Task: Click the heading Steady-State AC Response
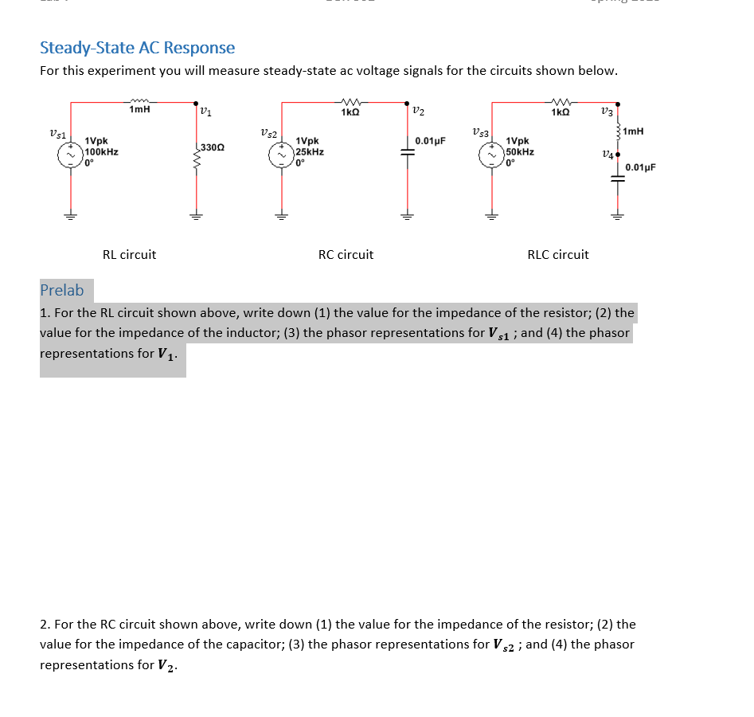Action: pyautogui.click(x=137, y=48)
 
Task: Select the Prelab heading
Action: pyautogui.click(x=61, y=290)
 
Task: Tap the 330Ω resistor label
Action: pyautogui.click(x=213, y=147)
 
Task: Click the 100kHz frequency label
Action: pyautogui.click(x=102, y=151)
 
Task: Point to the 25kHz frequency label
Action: pyautogui.click(x=310, y=151)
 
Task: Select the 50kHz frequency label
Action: pyautogui.click(x=520, y=151)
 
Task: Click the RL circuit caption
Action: pyautogui.click(x=129, y=255)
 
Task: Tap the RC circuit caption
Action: pyautogui.click(x=346, y=255)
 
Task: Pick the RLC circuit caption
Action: pyautogui.click(x=558, y=255)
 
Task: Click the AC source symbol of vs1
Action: pyautogui.click(x=71, y=155)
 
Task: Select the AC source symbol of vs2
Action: pyautogui.click(x=281, y=155)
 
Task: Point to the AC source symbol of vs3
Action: pyautogui.click(x=491, y=155)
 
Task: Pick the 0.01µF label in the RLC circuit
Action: pyautogui.click(x=640, y=167)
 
